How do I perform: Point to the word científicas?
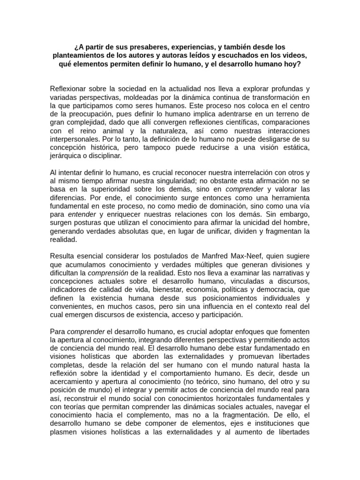(233, 122)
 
